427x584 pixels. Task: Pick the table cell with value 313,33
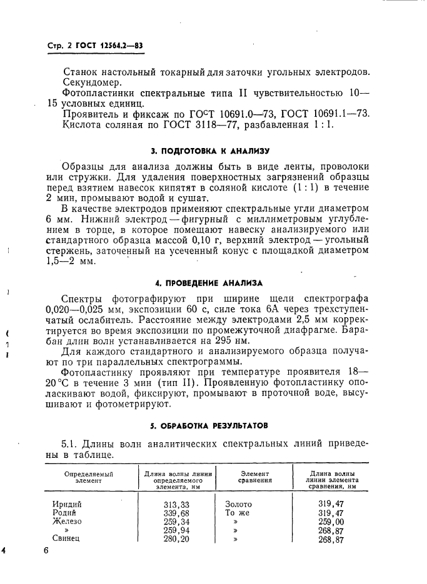click(x=176, y=504)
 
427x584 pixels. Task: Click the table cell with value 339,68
click(x=176, y=513)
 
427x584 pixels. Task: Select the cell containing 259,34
click(x=176, y=522)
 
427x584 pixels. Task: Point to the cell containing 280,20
click(x=176, y=539)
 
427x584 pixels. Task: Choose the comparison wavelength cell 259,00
click(x=331, y=522)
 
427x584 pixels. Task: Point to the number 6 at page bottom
click(x=46, y=551)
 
